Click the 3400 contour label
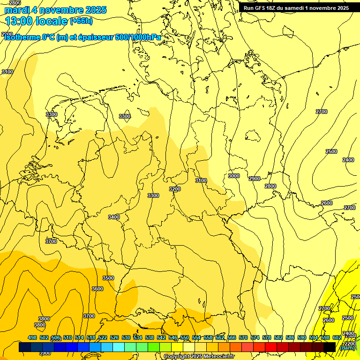click(x=114, y=217)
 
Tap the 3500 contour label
click(x=108, y=278)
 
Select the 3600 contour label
click(x=97, y=289)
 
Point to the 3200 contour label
click(x=175, y=189)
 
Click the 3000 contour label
click(x=234, y=176)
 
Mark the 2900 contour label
click(x=255, y=179)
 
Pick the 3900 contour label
click(x=45, y=353)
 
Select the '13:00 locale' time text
click(x=36, y=21)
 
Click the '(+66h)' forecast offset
click(x=81, y=21)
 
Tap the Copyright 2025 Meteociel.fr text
click(x=199, y=357)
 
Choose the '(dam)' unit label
click(x=347, y=348)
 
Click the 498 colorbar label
click(x=32, y=337)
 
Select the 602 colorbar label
click(x=337, y=337)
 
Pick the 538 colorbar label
click(x=150, y=337)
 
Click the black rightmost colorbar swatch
click(x=329, y=347)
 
